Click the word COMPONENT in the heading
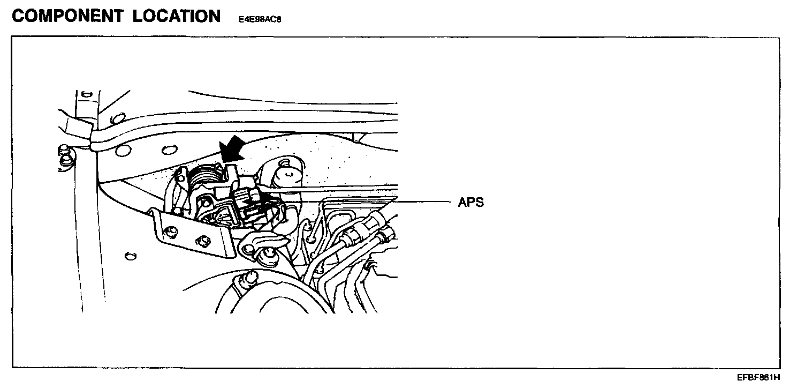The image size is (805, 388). click(x=66, y=16)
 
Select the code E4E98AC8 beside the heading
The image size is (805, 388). click(x=260, y=19)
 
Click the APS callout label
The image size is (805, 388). click(x=471, y=203)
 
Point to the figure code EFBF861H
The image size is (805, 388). click(x=758, y=377)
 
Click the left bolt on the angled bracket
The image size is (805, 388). click(x=172, y=231)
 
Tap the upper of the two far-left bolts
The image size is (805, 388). click(x=64, y=149)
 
